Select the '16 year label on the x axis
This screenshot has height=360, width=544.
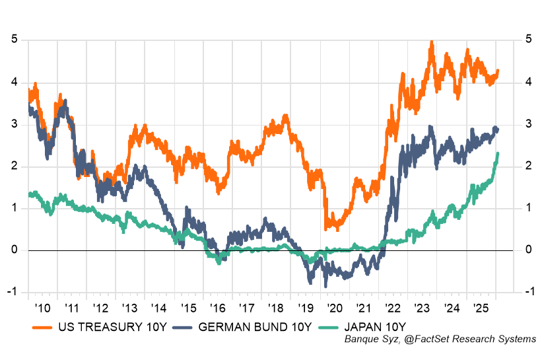click(x=218, y=309)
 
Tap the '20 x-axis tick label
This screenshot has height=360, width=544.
click(x=335, y=309)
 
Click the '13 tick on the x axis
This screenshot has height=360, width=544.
click(x=130, y=309)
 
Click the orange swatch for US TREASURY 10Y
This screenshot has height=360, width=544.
click(x=44, y=326)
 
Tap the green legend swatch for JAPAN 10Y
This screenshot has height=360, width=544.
click(x=328, y=326)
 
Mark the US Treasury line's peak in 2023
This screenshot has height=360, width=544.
click(x=431, y=42)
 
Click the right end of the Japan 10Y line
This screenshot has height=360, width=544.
click(x=497, y=154)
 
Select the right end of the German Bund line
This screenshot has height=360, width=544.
click(x=497, y=129)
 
